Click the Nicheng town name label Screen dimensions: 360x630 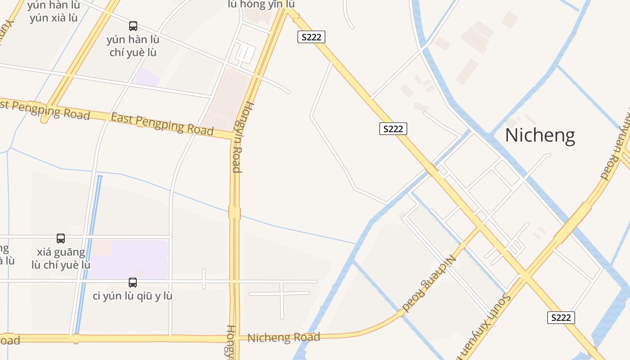[540, 135]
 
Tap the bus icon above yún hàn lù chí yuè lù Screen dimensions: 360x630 [133, 26]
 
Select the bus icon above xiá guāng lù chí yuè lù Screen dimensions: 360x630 [61, 238]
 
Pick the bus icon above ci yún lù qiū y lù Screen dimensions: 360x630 [133, 283]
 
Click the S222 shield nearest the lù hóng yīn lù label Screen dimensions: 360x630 [311, 37]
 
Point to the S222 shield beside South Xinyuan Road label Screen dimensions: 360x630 [561, 318]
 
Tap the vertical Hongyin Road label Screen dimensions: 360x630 [237, 138]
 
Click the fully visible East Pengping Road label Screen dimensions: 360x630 [162, 124]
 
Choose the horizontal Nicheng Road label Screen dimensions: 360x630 [283, 337]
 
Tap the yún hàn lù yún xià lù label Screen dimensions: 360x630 [54, 12]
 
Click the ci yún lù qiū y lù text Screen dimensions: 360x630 [133, 296]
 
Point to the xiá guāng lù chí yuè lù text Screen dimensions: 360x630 [61, 258]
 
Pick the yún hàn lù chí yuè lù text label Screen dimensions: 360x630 [133, 46]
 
